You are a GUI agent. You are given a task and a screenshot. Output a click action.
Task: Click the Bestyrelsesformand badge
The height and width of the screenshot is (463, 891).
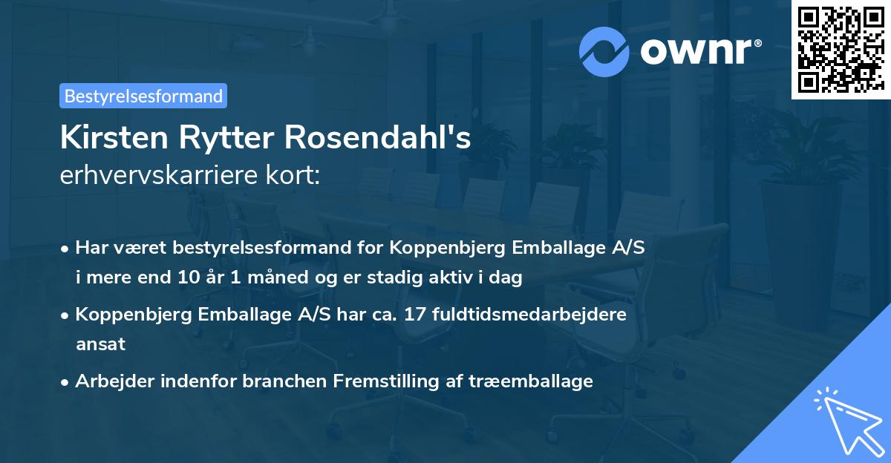pos(143,96)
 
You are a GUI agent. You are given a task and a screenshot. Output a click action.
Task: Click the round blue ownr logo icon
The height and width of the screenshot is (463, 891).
pos(604,51)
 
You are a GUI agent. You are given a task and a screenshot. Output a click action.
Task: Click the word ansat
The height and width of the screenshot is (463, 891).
pos(100,344)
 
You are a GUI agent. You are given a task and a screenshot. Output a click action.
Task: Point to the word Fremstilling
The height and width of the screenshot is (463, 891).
pos(380,381)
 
